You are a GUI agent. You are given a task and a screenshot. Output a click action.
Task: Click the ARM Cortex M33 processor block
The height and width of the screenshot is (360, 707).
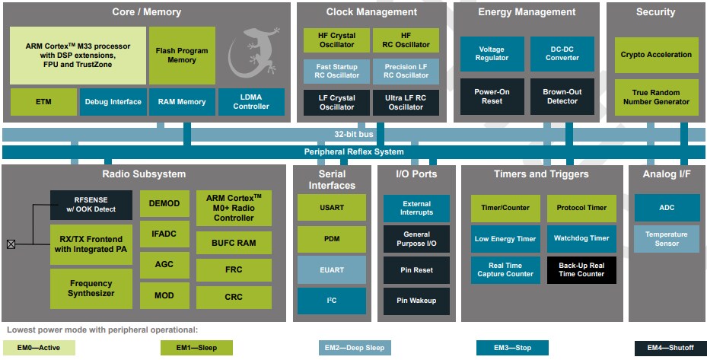(x=78, y=56)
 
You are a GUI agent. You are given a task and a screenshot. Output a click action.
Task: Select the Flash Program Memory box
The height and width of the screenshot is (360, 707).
(x=182, y=56)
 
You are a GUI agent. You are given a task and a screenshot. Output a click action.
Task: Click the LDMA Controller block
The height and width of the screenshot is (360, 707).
(x=251, y=102)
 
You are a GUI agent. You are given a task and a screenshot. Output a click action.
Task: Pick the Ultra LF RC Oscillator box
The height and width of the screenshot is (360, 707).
(x=406, y=103)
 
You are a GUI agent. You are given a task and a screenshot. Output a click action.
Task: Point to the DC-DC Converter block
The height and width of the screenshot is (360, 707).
(x=562, y=55)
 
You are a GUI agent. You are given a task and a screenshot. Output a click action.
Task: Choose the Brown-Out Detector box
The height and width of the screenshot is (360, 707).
(x=562, y=97)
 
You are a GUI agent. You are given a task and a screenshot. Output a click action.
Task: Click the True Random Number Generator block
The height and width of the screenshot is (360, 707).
(x=656, y=97)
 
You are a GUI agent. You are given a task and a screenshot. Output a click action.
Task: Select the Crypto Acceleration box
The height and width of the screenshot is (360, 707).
(x=656, y=55)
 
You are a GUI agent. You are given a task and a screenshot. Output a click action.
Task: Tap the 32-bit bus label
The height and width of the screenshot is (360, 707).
(x=354, y=134)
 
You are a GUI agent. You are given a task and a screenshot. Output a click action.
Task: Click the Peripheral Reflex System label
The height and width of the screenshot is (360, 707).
(x=354, y=151)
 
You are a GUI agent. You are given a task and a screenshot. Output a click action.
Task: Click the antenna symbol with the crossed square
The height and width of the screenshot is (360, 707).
(x=11, y=244)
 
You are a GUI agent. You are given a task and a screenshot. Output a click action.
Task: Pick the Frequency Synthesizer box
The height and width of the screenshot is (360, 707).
(x=91, y=288)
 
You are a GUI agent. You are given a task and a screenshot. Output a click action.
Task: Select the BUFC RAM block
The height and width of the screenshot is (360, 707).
(x=234, y=244)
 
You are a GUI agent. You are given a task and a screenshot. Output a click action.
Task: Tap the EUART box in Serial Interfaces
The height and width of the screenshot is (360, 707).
(x=331, y=269)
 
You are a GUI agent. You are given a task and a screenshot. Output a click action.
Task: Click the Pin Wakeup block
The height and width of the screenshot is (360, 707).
(x=416, y=301)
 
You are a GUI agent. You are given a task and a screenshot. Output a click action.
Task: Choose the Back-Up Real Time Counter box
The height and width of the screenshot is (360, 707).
(x=581, y=269)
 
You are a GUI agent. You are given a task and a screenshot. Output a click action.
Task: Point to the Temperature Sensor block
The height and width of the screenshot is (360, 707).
(x=666, y=239)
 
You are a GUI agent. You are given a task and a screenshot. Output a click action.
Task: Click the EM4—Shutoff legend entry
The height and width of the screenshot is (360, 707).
(x=670, y=348)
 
